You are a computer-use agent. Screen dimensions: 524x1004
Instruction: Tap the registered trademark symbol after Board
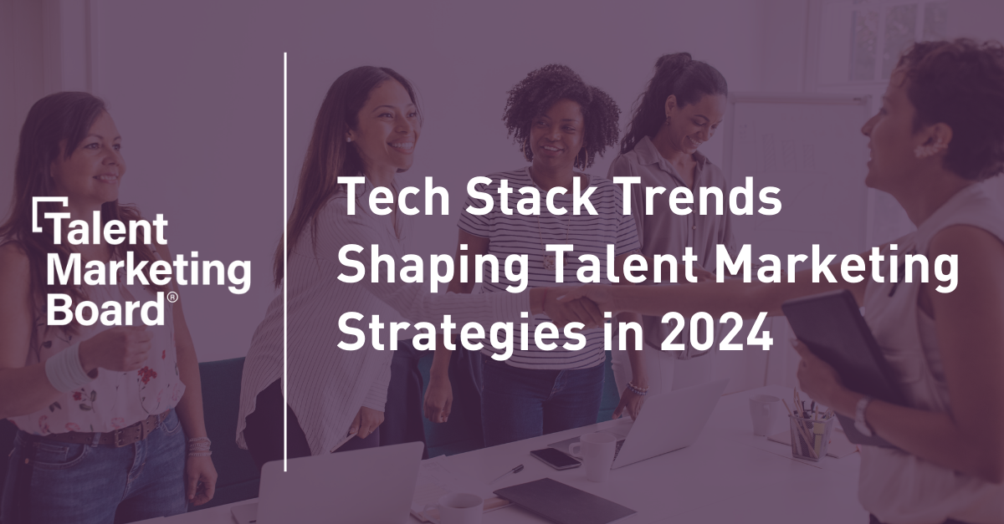point(172,297)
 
